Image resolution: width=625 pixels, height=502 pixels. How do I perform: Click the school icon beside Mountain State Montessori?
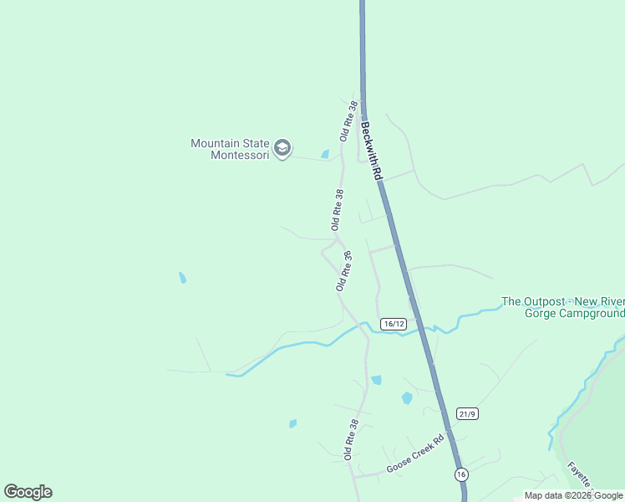point(283,149)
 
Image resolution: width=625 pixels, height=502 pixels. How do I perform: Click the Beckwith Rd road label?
point(372,151)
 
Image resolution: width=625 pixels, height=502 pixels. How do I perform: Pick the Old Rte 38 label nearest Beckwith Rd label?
point(349,120)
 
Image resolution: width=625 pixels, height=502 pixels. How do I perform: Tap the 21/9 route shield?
point(468,413)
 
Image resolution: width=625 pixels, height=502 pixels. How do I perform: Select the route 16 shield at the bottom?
point(461,474)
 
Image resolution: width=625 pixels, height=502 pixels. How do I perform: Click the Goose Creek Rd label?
point(414,455)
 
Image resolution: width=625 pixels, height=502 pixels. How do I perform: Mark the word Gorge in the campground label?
point(540,314)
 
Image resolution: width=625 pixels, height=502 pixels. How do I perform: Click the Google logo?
point(28,492)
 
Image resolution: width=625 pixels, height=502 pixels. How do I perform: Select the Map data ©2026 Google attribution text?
point(573,495)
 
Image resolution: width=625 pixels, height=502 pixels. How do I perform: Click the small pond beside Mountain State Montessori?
point(325,154)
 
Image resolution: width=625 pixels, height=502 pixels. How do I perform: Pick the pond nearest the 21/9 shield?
point(407,398)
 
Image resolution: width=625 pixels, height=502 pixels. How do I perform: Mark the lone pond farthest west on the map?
point(182,277)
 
